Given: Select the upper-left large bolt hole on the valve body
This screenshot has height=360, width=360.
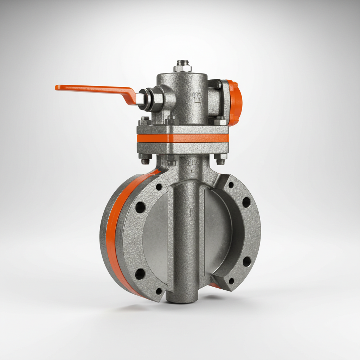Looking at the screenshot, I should point(140,207).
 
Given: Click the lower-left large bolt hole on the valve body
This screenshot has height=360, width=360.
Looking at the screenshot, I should point(140,274).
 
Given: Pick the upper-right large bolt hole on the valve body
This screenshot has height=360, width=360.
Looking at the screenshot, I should point(246,202).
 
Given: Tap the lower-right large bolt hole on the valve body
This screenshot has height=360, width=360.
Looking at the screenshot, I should point(247,261).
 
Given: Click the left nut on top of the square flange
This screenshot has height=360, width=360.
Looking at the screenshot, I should point(145,122).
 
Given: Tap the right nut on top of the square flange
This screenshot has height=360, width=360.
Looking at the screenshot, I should point(220,121).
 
